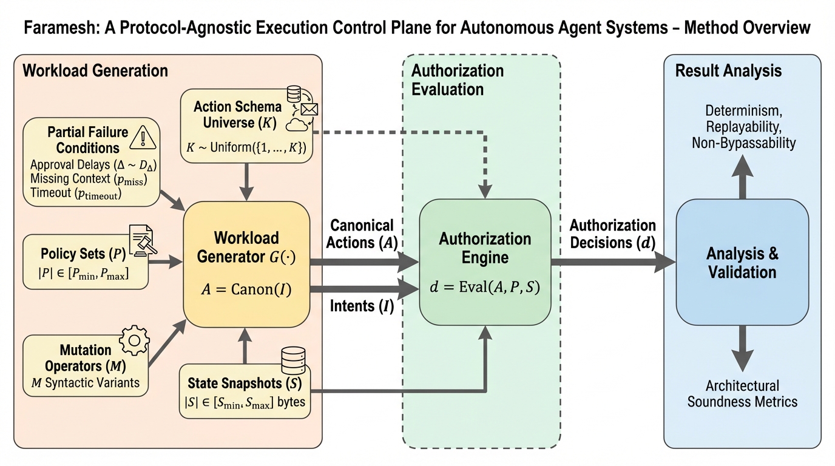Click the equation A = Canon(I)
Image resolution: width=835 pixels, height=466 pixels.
(x=246, y=289)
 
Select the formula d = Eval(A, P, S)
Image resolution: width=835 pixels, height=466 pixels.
(x=485, y=288)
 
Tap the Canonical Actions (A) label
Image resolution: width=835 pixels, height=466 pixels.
(x=363, y=234)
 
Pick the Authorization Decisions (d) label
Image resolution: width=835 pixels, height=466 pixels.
(x=612, y=234)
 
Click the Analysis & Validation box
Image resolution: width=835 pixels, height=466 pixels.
(x=742, y=262)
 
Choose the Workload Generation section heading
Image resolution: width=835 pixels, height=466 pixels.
(x=95, y=70)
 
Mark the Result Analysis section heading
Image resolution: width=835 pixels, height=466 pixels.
(x=728, y=70)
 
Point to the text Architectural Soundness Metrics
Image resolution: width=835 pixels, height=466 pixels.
(x=742, y=393)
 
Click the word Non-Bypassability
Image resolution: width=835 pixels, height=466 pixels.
(x=743, y=143)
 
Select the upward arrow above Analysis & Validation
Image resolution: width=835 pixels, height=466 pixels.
(x=742, y=174)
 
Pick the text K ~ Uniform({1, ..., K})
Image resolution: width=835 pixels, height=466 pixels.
(x=246, y=147)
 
